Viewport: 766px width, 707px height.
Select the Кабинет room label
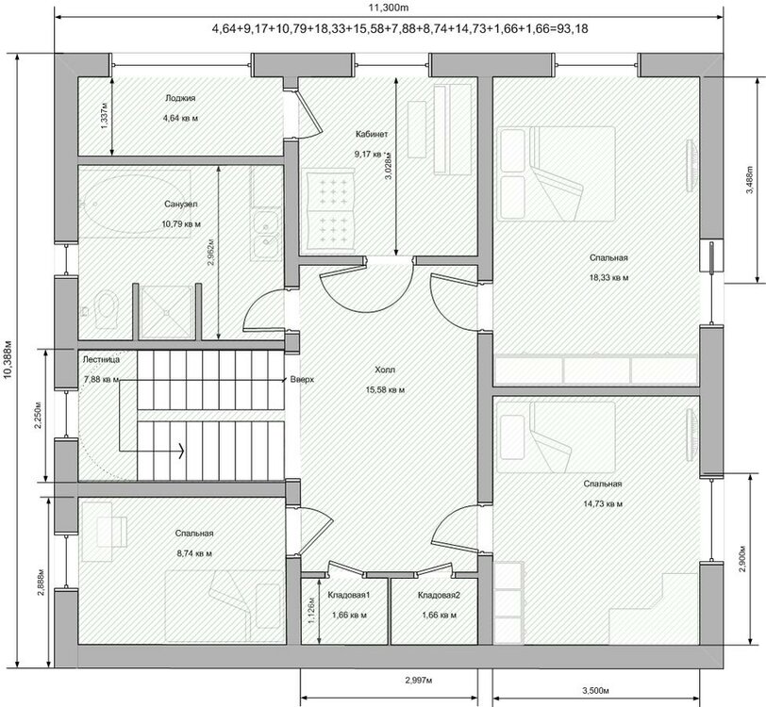pos(371,135)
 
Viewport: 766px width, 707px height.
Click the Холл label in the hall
pos(387,370)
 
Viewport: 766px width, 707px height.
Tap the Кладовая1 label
pos(348,596)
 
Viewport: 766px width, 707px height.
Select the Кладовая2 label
pos(439,596)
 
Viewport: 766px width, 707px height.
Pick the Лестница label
pos(101,359)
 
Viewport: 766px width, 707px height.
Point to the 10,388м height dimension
pos(9,358)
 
